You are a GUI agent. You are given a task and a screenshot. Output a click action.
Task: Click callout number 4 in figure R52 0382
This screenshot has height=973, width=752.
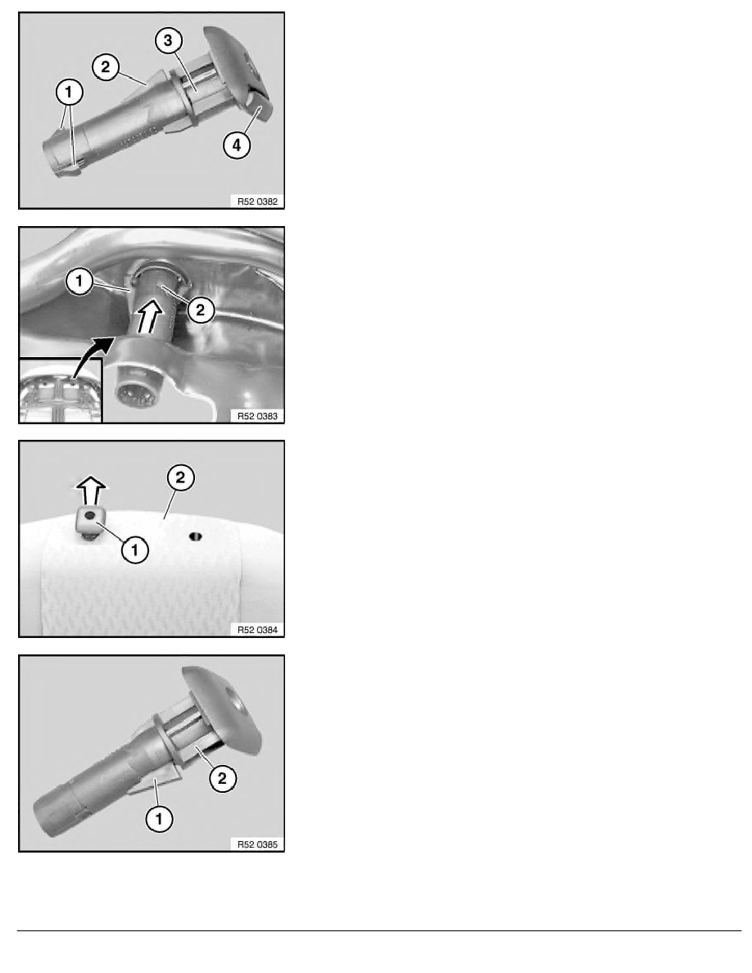coord(237,145)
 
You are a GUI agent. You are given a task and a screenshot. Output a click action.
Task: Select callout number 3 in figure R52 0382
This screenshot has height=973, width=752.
coord(168,41)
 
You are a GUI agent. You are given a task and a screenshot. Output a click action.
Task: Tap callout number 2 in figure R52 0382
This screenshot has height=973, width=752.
coord(106,66)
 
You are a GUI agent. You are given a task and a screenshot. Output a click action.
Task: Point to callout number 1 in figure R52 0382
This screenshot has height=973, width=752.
coord(69,93)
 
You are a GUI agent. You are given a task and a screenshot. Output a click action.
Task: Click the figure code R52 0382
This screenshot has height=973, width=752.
coord(257,201)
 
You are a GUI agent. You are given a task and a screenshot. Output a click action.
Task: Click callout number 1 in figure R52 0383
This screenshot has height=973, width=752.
coord(79,281)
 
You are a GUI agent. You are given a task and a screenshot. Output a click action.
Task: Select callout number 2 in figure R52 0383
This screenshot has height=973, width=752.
coord(201,309)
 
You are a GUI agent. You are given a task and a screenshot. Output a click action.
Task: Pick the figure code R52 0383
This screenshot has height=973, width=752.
coord(257,416)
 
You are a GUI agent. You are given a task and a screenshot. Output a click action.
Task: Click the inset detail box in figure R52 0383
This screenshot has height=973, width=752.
coord(60,391)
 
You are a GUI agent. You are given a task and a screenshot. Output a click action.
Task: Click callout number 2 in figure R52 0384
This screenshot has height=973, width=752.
coord(180,477)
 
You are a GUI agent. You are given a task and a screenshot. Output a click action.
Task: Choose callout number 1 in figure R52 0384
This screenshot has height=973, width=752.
coord(135,550)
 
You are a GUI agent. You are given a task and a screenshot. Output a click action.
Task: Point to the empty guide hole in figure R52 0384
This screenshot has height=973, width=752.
coord(196,536)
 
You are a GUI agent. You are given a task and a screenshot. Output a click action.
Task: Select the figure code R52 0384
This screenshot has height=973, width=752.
coord(257,630)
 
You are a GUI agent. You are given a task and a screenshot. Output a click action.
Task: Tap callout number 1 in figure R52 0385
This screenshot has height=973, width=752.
coord(159,818)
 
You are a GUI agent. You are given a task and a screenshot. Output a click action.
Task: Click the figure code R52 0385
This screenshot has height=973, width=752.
coord(257,844)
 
